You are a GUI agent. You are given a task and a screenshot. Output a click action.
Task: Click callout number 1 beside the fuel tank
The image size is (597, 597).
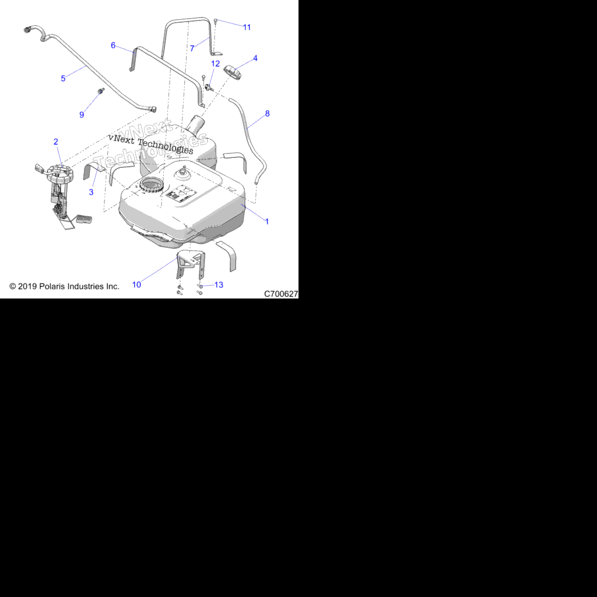[267, 221]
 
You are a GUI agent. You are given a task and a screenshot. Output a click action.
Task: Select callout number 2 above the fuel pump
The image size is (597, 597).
[56, 142]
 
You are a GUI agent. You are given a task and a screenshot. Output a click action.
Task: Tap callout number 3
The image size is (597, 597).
[91, 192]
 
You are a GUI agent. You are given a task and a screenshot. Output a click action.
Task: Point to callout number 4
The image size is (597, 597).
[255, 58]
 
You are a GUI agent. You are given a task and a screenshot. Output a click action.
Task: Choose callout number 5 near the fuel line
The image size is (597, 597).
[63, 79]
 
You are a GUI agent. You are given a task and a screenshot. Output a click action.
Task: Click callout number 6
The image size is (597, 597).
[113, 45]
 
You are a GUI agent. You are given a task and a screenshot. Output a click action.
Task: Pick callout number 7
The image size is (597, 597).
[192, 48]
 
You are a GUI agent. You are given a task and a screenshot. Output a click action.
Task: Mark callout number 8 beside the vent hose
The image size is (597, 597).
[267, 114]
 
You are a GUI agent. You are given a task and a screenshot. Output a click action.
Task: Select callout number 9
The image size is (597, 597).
[82, 115]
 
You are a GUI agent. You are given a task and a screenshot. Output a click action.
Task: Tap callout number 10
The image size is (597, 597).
[136, 285]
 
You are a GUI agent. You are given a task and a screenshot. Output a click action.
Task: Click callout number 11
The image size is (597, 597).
[247, 27]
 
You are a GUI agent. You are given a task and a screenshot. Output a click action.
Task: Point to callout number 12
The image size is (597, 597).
[216, 64]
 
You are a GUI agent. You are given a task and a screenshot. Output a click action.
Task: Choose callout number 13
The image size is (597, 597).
[219, 285]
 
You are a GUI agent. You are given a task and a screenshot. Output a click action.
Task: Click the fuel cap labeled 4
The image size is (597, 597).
[233, 72]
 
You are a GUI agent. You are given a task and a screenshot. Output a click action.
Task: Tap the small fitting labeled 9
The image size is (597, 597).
[101, 91]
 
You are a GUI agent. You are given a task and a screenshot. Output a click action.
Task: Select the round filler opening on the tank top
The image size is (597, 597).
[152, 185]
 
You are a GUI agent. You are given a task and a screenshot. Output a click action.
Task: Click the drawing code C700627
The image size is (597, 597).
[281, 294]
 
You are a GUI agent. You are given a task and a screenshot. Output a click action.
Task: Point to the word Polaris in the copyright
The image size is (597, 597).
[52, 286]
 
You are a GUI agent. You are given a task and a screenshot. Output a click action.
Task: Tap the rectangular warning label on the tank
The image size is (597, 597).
[181, 194]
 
